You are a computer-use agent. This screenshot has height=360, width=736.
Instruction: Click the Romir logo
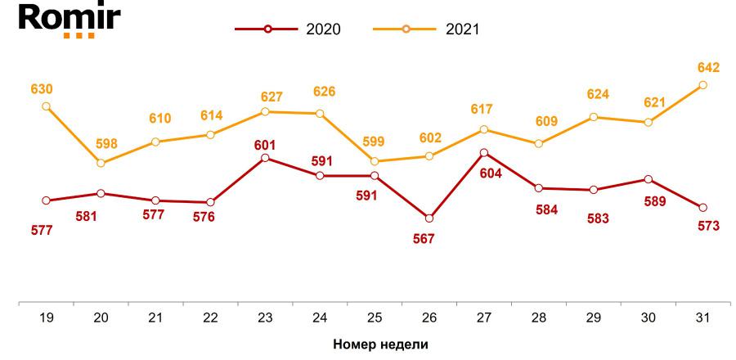click(x=61, y=20)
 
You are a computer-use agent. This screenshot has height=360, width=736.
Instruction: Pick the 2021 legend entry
click(x=426, y=29)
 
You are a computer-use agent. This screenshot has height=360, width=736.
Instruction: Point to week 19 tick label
click(x=46, y=317)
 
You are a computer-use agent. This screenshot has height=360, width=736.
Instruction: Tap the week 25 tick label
click(x=375, y=317)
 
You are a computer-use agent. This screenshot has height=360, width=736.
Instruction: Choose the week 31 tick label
click(x=703, y=317)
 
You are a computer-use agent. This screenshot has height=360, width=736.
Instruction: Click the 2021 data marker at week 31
click(x=703, y=85)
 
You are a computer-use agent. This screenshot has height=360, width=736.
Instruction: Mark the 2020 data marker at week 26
click(x=429, y=218)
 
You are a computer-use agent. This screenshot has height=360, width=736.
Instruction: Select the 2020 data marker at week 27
click(x=484, y=153)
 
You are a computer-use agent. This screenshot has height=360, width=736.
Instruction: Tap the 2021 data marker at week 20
click(x=101, y=164)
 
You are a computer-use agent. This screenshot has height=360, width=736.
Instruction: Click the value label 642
click(x=708, y=67)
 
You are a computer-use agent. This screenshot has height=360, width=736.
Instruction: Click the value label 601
click(x=265, y=145)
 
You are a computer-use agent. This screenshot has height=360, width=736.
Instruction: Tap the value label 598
click(x=106, y=144)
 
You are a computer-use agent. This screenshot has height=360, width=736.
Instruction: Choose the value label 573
click(x=708, y=225)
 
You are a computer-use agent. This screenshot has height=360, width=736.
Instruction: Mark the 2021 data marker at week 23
click(x=265, y=111)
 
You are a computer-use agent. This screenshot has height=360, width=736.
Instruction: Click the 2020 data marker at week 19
click(x=46, y=200)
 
